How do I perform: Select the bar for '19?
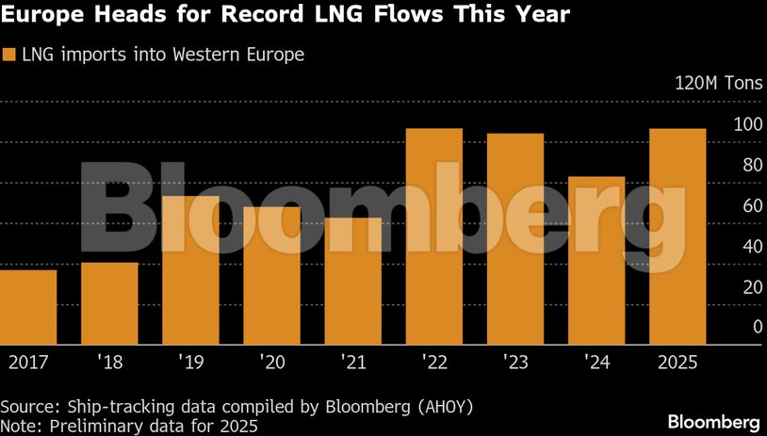(x=190, y=270)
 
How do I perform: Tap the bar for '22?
(x=433, y=236)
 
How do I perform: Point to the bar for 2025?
(x=677, y=236)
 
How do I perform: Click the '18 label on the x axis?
(x=109, y=361)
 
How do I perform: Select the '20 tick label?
(x=271, y=361)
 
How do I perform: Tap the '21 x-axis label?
(x=352, y=361)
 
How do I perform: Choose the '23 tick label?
(x=514, y=361)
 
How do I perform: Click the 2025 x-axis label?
(x=677, y=361)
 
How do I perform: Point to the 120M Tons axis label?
(x=712, y=83)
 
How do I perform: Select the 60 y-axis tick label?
(x=726, y=205)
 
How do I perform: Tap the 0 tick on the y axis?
(x=731, y=327)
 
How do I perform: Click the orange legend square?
(x=9, y=55)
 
